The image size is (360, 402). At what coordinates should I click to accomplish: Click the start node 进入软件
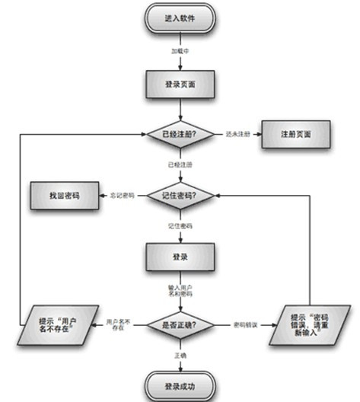180,19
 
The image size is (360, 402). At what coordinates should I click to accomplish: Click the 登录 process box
180,257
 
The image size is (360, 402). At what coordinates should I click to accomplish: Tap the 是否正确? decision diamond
180,325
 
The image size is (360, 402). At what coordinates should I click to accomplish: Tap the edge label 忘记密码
123,196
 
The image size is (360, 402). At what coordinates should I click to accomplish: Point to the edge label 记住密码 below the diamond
180,227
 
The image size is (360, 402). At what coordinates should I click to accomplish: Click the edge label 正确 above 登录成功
180,355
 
